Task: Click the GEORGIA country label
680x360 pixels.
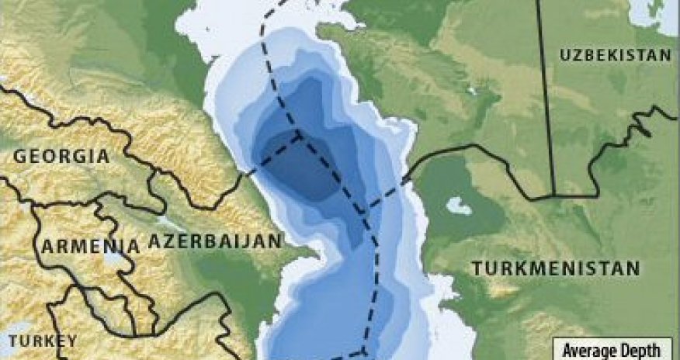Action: [61, 156]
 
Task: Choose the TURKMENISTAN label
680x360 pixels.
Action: [556, 268]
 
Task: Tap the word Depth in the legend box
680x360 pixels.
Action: [643, 349]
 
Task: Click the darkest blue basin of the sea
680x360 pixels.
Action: [303, 167]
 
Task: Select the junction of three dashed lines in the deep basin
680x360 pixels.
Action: [300, 137]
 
